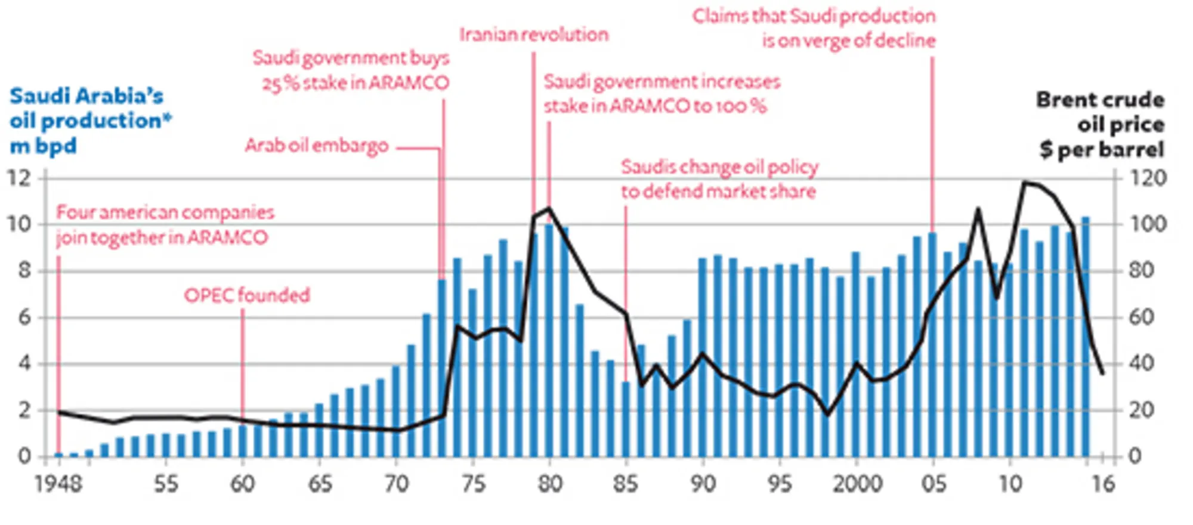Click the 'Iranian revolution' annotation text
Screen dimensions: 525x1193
coord(534,35)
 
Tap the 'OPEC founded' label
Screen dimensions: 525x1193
coord(247,295)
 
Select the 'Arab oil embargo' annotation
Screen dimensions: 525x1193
coord(317,146)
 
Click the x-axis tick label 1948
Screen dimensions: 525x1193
coord(58,483)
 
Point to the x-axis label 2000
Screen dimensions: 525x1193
coord(857,483)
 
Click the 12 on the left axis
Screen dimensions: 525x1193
coord(19,178)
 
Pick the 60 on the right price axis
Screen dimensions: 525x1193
coord(1141,317)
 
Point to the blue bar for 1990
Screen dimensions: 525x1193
coord(703,358)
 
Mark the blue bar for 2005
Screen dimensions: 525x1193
coord(933,346)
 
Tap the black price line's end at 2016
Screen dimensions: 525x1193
coord(1102,373)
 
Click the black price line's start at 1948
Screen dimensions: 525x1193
coord(59,412)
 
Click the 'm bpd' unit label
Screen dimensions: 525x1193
coord(44,146)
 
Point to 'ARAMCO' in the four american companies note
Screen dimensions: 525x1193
coord(227,237)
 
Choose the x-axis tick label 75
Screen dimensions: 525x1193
coord(473,483)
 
